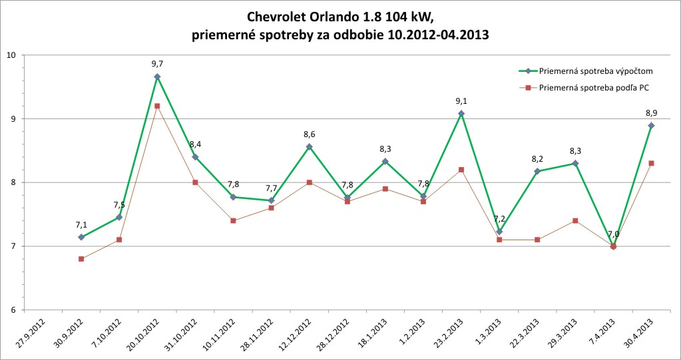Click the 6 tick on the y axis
(13, 310)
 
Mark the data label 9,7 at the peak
(157, 64)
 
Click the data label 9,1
(461, 101)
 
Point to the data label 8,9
(650, 113)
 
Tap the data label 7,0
(613, 234)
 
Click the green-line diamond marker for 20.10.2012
(157, 77)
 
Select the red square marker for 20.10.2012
(157, 106)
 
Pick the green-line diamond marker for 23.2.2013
(461, 114)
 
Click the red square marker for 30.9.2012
(81, 259)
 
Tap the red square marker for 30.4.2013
(650, 163)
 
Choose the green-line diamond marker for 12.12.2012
(309, 146)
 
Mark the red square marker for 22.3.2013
(537, 240)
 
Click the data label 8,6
(309, 134)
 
